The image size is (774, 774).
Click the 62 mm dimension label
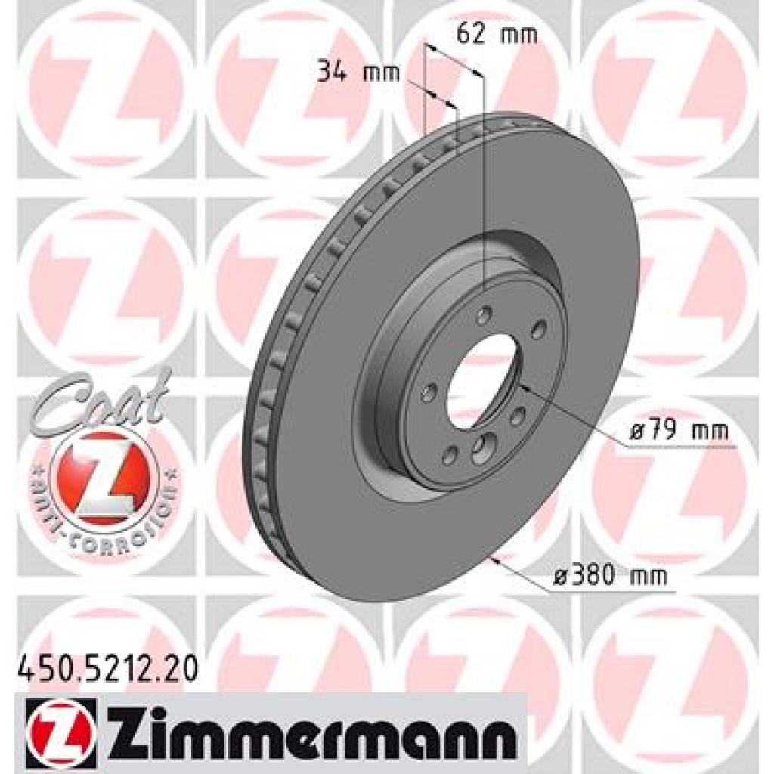pos(497,34)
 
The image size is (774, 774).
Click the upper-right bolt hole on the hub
pos(538,329)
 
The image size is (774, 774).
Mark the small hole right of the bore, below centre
pos(519,416)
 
